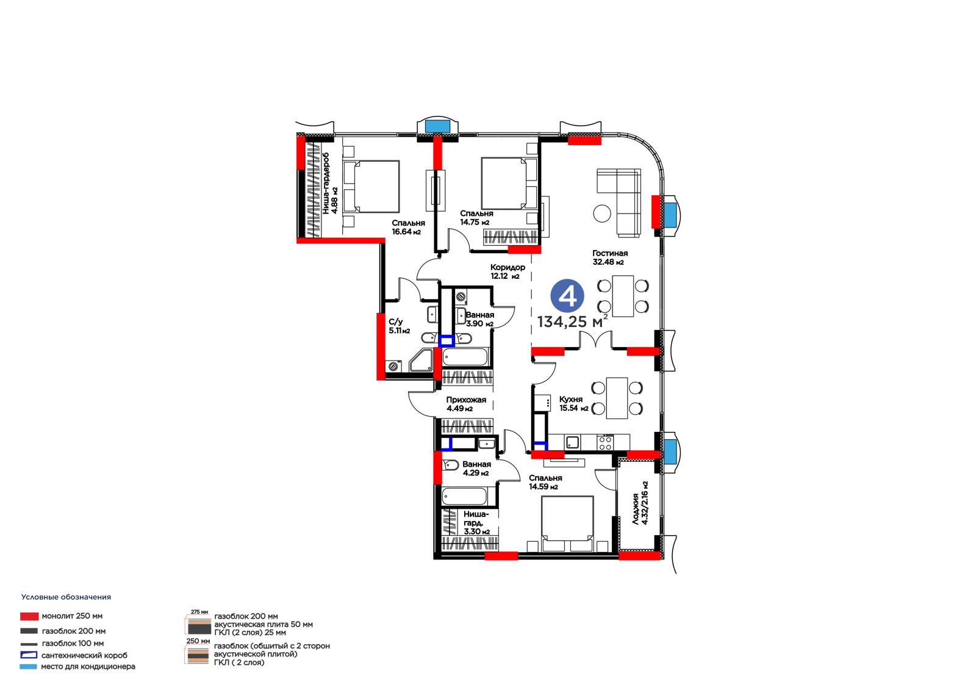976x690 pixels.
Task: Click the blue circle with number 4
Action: tap(567, 296)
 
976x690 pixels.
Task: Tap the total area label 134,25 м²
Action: tap(572, 322)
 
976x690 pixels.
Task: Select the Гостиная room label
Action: tap(609, 253)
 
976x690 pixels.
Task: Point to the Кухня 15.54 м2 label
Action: tap(573, 404)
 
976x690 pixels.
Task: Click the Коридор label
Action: tap(508, 267)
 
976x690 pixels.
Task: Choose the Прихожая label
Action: tap(466, 400)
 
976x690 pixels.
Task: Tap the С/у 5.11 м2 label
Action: tap(399, 326)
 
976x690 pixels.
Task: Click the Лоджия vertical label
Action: tap(636, 508)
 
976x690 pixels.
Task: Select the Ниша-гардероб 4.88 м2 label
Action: tap(330, 182)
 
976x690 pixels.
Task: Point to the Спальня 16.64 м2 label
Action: tap(408, 227)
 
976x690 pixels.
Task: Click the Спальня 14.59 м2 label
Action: tap(545, 482)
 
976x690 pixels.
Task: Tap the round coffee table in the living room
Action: tap(602, 213)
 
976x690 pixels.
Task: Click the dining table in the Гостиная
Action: tap(623, 296)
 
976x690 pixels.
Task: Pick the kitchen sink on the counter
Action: tap(572, 442)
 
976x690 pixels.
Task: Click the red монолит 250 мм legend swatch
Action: tap(29, 616)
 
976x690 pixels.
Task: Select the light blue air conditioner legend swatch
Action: tap(28, 666)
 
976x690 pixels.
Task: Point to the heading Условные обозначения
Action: tap(66, 597)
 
